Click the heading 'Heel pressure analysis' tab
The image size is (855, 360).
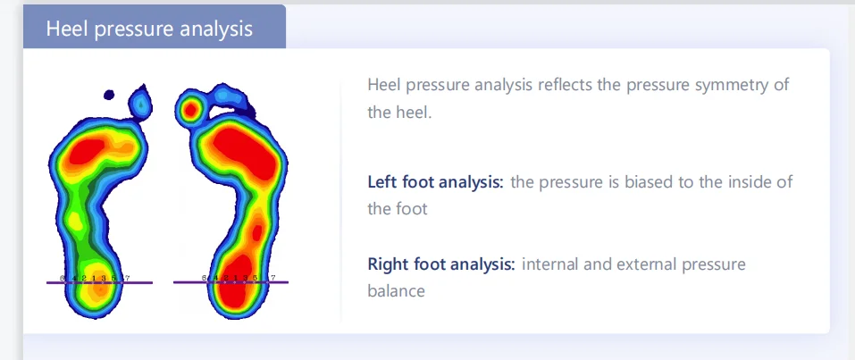point(149,29)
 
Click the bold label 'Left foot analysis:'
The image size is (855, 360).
point(436,182)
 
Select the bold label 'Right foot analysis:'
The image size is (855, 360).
point(441,264)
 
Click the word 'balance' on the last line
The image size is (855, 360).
point(396,291)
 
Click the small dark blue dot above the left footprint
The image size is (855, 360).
point(109,93)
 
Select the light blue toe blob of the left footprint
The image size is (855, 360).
point(140,105)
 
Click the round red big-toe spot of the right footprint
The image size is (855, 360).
point(189,111)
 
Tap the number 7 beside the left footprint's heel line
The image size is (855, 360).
point(128,279)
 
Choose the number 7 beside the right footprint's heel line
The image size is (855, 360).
point(272,278)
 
